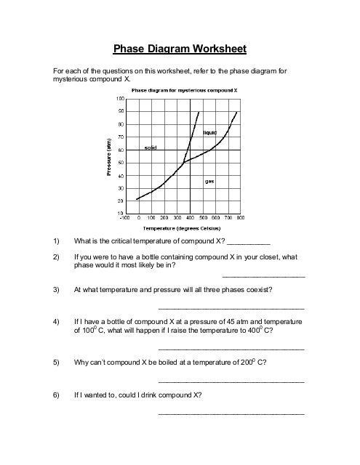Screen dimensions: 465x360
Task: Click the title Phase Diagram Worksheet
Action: [x=180, y=49]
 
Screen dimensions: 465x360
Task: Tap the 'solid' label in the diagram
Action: [x=151, y=147]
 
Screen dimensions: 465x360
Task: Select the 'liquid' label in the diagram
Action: [x=210, y=132]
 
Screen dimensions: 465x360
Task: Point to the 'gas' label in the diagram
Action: [x=209, y=181]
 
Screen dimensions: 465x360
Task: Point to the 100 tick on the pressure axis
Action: [x=120, y=98]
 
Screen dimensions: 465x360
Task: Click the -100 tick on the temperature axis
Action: [x=126, y=217]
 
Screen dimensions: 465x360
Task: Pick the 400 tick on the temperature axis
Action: [x=189, y=217]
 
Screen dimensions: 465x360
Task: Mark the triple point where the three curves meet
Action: [x=183, y=161]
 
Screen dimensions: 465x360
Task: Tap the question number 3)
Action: [x=57, y=289]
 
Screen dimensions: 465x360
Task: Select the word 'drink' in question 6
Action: [x=151, y=396]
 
